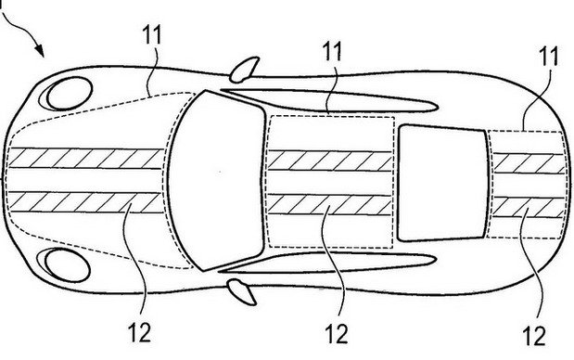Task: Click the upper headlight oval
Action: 69,94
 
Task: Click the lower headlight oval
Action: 67,265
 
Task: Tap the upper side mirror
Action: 244,70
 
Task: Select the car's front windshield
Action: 217,181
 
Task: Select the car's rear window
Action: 443,183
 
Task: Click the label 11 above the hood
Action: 151,35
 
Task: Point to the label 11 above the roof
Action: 332,51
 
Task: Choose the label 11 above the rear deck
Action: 548,56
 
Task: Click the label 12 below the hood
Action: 139,332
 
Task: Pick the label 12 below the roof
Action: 337,334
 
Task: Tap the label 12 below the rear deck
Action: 534,336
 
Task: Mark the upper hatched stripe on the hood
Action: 85,159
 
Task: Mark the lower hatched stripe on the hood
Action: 85,201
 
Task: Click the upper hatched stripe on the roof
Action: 329,161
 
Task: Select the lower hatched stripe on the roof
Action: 329,205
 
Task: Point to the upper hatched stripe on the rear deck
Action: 529,163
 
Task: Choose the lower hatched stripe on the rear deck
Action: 529,207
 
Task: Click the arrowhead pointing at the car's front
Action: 39,51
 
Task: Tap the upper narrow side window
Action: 329,100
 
